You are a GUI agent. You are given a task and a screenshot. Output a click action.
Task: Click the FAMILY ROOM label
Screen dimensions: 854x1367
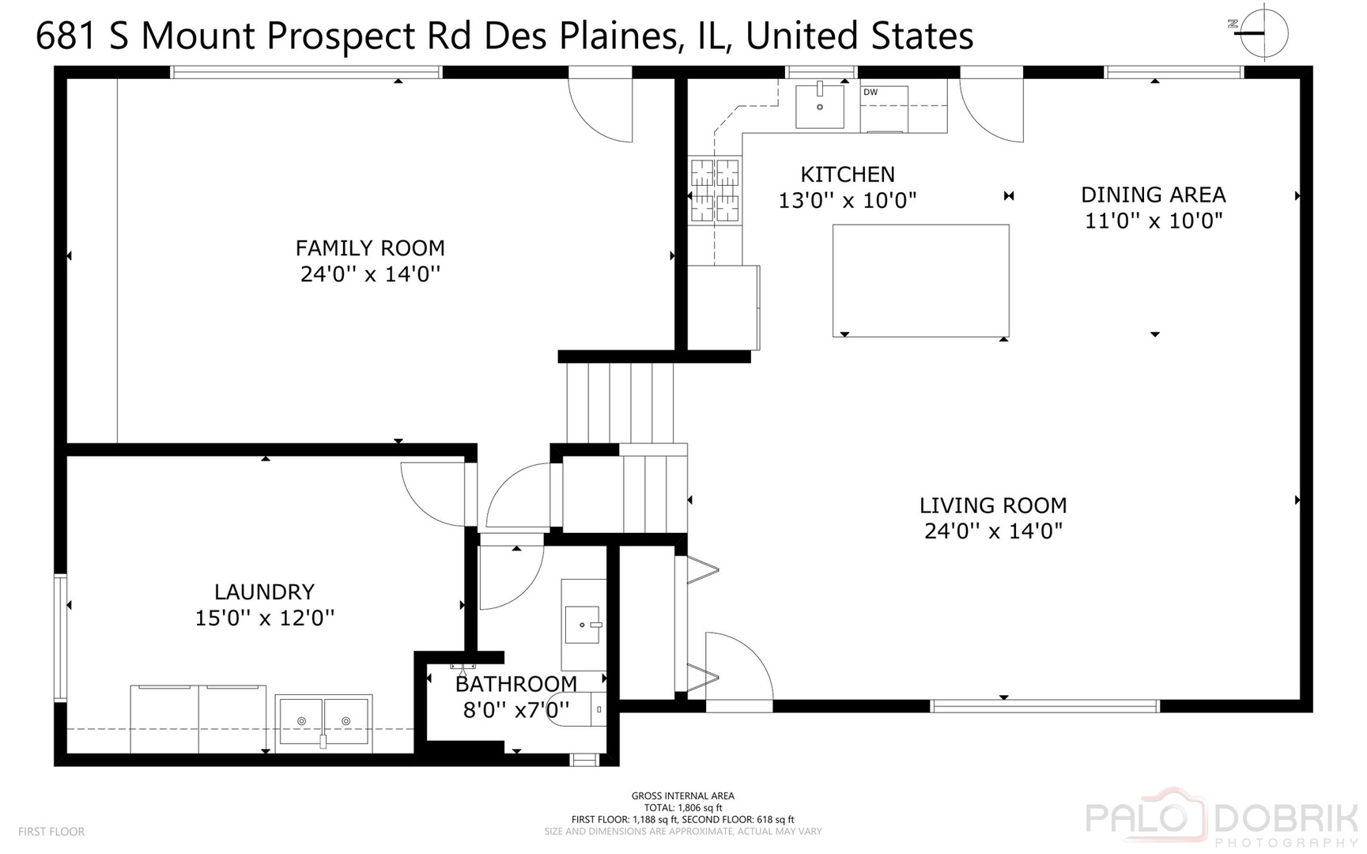370,248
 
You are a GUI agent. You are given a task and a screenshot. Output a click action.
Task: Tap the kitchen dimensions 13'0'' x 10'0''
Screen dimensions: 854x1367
847,201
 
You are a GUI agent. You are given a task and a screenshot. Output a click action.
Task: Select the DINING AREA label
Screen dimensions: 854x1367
1153,195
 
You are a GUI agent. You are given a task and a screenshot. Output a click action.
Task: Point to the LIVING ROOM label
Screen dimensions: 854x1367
992,505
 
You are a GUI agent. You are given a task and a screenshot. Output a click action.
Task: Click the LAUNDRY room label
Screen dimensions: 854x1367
264,591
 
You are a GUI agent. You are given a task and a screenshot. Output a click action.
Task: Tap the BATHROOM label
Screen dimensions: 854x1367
515,684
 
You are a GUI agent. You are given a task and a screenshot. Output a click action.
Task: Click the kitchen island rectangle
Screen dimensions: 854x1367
920,281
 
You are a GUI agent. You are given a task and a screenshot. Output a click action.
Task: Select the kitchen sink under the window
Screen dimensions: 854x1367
819,106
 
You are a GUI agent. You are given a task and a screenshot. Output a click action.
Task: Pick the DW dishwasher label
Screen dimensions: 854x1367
870,93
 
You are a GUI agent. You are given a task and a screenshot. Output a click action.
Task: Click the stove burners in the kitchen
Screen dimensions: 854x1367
715,191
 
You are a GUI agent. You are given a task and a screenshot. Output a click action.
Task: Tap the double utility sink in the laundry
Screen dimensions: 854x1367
323,720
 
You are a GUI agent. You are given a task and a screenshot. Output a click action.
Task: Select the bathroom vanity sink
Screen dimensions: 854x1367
583,625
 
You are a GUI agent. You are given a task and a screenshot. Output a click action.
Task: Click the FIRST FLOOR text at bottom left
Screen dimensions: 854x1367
51,832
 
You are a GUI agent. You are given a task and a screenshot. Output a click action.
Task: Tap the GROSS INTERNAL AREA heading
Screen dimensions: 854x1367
682,795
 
